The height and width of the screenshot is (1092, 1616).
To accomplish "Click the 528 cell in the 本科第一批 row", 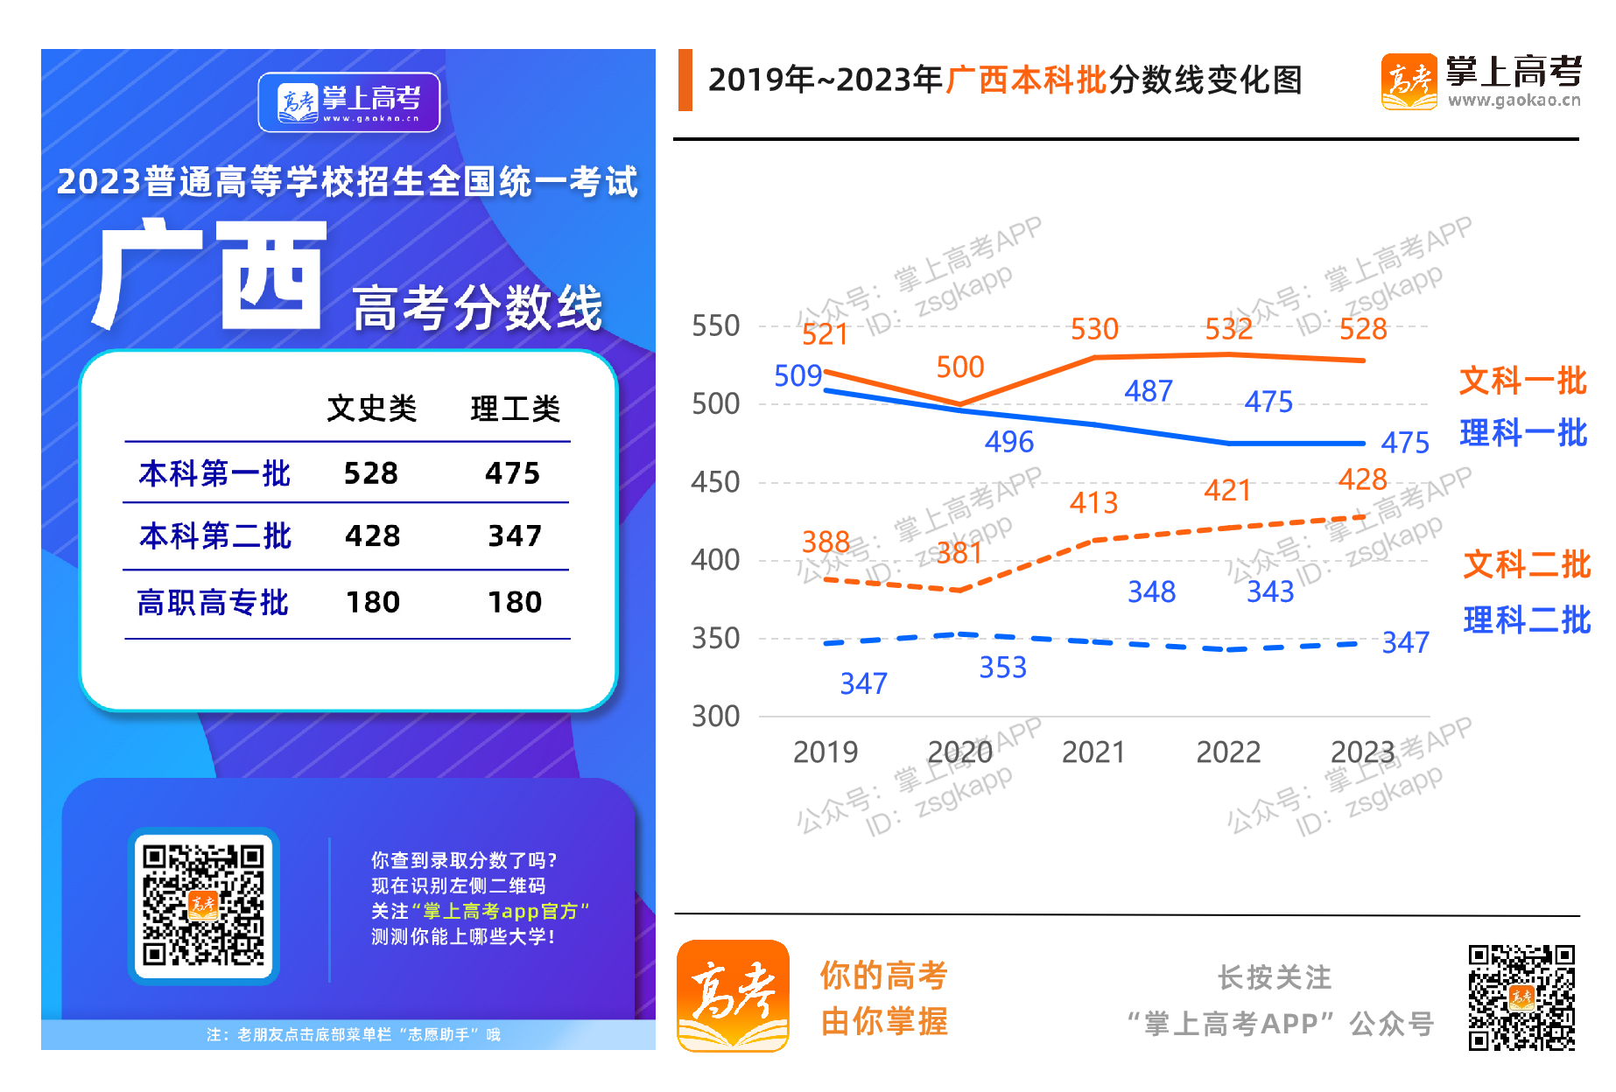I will [x=370, y=473].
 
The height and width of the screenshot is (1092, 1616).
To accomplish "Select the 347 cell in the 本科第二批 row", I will [x=515, y=535].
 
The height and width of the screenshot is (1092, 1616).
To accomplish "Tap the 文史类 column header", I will [x=371, y=408].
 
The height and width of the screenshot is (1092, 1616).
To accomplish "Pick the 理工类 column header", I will [x=515, y=408].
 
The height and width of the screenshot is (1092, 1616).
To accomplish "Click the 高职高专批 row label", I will [x=213, y=602].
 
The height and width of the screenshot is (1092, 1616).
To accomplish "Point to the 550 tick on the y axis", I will [x=715, y=326].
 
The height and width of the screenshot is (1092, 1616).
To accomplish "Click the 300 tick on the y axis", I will [x=715, y=717].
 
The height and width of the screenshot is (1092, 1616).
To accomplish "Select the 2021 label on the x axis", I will [x=1093, y=752].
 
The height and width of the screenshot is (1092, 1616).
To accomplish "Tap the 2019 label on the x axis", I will [x=825, y=752].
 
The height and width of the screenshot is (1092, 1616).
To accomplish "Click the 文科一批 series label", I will [x=1522, y=381].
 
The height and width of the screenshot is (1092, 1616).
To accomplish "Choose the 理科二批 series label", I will [x=1526, y=619].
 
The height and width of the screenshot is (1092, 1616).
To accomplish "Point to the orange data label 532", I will [x=1228, y=329].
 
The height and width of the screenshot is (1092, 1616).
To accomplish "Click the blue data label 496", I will [x=1008, y=442].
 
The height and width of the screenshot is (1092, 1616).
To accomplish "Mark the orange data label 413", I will [x=1093, y=502].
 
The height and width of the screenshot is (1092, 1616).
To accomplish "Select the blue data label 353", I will [x=1002, y=668].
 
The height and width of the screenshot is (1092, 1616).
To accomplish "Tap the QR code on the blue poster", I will [x=203, y=905].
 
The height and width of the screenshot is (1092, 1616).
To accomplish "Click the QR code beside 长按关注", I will [x=1521, y=997].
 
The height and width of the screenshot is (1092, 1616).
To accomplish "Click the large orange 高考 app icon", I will [x=733, y=996].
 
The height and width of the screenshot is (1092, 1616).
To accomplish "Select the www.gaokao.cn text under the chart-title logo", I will [x=1514, y=101].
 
